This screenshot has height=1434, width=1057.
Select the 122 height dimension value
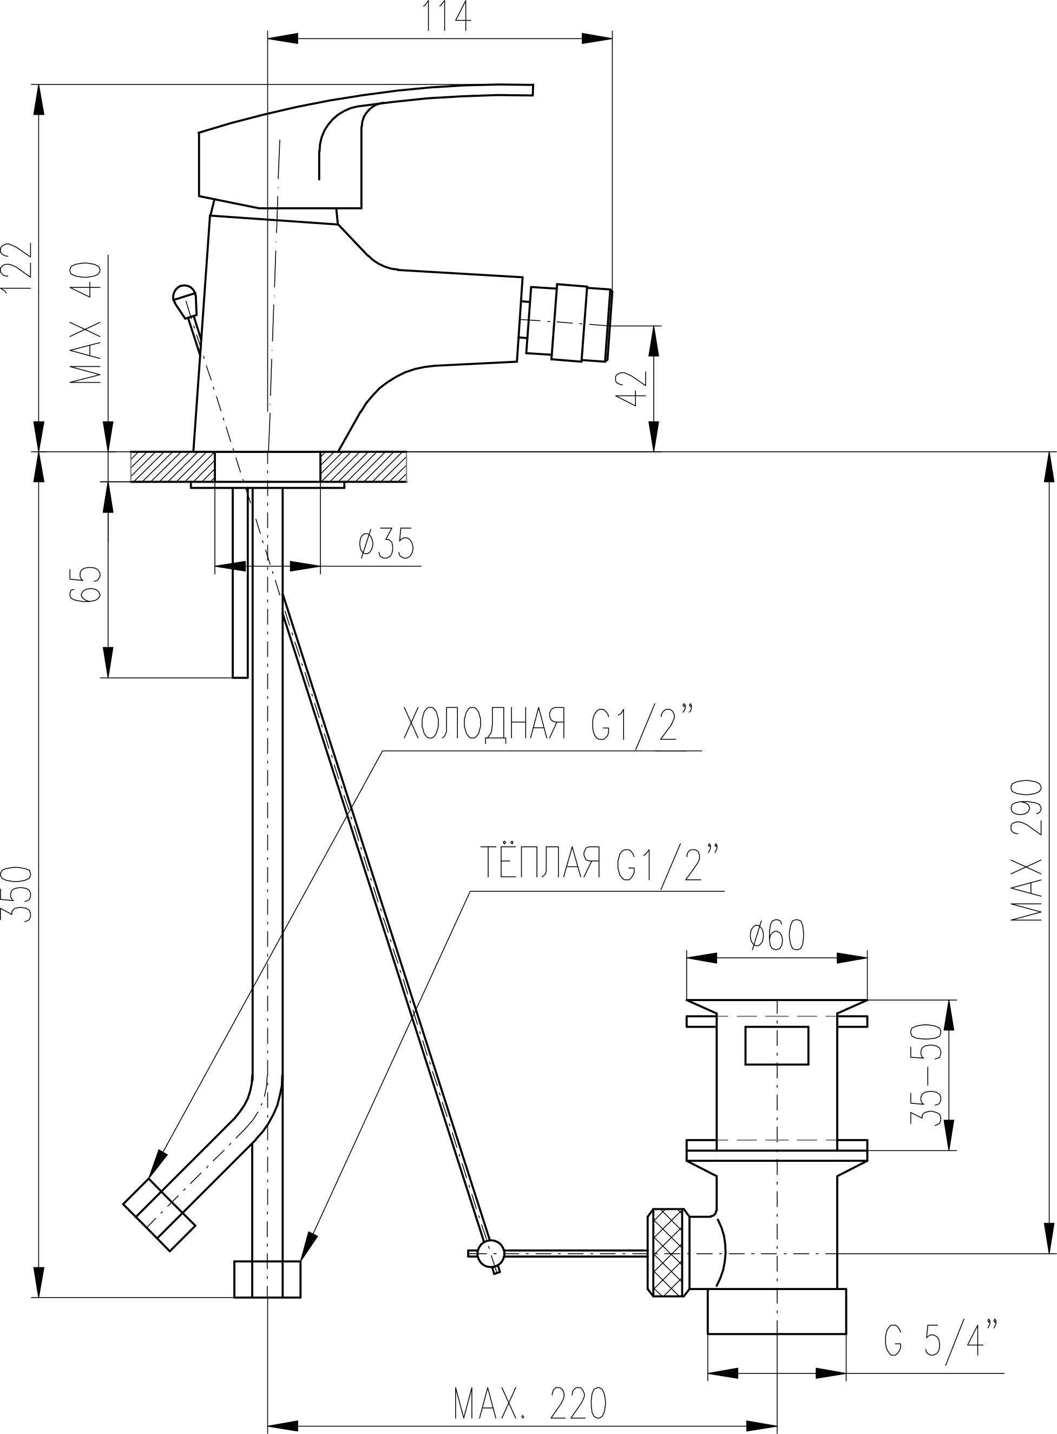(x=17, y=268)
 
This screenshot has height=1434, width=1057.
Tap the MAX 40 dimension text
(x=87, y=323)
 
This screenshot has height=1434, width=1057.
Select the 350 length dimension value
(x=17, y=894)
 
